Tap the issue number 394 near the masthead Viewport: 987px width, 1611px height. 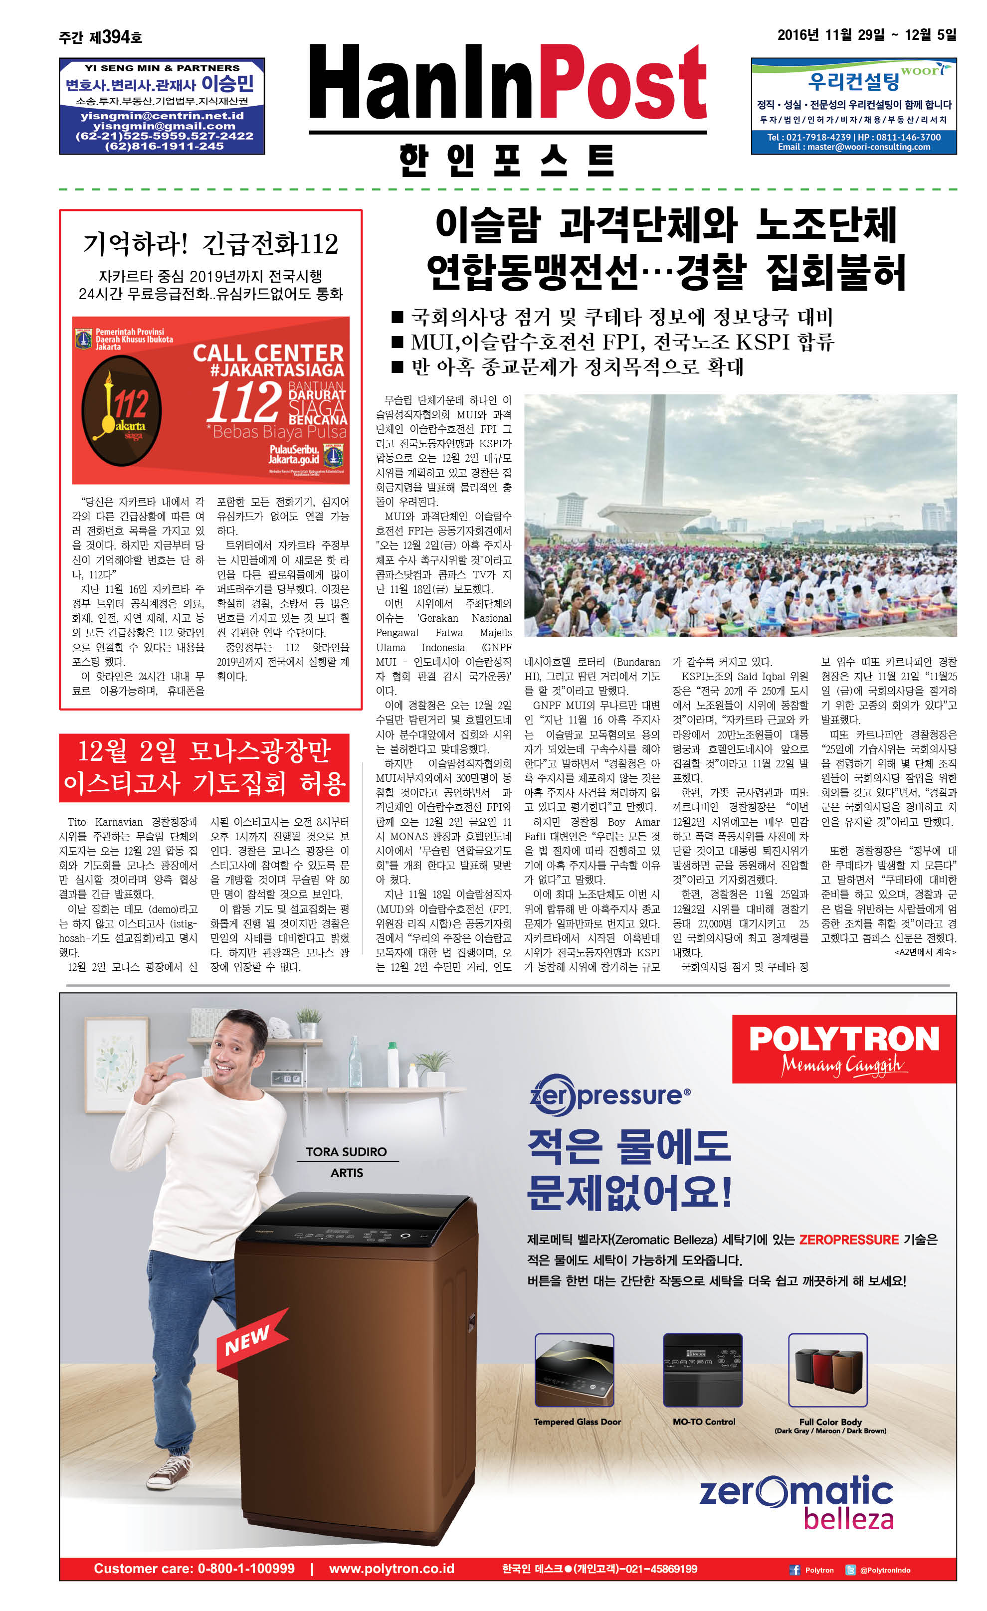116,37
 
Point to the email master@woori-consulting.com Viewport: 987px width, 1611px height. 853,147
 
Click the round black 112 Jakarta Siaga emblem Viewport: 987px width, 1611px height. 121,410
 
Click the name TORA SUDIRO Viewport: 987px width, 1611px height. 346,1151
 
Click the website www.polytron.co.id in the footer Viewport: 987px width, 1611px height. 391,1569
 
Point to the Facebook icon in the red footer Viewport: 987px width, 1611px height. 794,1570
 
